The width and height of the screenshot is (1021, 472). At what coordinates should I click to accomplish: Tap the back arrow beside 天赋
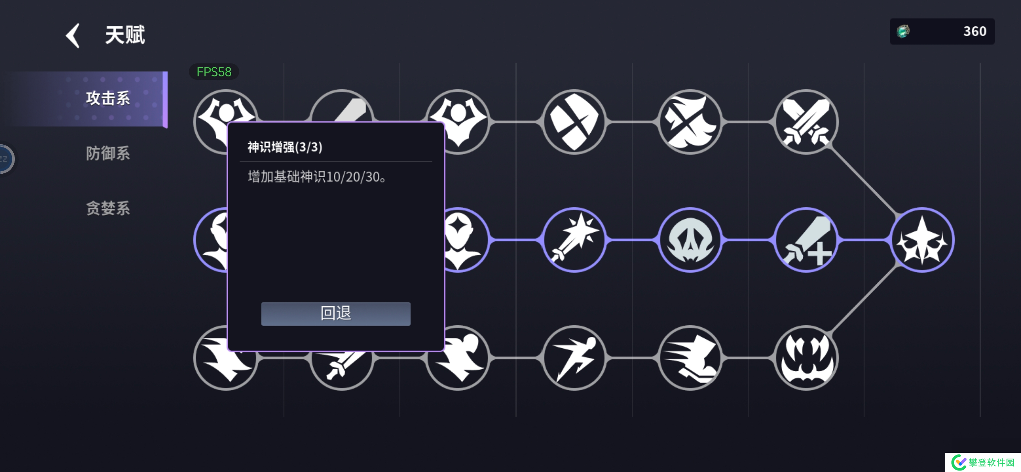click(73, 36)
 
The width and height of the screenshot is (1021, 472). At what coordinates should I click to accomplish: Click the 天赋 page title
click(125, 35)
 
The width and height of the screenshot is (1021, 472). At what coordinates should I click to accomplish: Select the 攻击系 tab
click(108, 99)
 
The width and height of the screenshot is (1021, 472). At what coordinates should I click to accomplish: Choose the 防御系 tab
click(108, 154)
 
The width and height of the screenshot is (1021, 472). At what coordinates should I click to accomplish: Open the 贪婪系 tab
click(108, 208)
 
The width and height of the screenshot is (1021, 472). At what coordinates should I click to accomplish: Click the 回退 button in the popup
click(336, 314)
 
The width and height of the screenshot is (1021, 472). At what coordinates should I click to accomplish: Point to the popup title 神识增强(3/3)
click(285, 147)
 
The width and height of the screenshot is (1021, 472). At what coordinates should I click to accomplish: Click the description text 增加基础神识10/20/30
click(317, 177)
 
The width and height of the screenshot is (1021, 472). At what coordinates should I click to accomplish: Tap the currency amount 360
click(974, 31)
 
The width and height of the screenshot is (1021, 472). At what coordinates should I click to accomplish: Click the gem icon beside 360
click(903, 31)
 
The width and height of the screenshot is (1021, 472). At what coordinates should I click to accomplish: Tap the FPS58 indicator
click(214, 72)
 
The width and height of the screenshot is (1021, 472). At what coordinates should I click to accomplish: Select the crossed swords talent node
click(806, 121)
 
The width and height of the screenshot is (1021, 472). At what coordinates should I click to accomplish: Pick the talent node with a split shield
click(574, 121)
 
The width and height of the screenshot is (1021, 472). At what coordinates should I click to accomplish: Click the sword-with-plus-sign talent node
click(806, 240)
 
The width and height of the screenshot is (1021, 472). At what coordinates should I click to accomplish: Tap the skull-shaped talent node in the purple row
click(690, 240)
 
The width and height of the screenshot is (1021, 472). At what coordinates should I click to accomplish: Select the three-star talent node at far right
click(922, 240)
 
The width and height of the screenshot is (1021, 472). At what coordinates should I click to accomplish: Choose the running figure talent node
click(574, 358)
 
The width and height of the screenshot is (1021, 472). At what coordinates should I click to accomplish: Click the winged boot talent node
click(690, 358)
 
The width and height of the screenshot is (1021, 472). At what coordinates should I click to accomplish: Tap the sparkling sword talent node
click(574, 240)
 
